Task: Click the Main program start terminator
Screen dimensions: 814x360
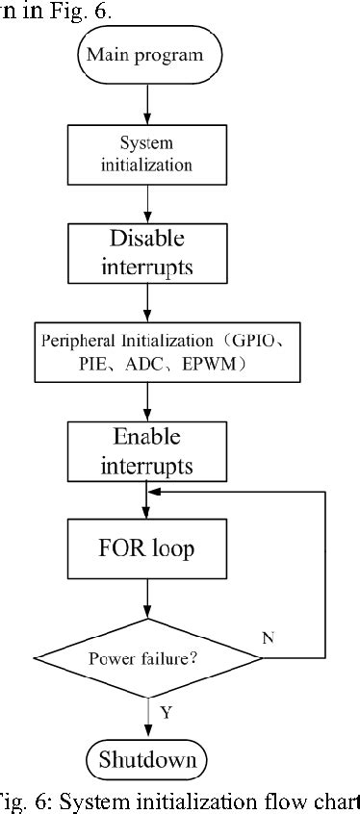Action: point(146,55)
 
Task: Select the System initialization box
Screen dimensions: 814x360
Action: point(146,153)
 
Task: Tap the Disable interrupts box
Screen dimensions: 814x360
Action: point(146,252)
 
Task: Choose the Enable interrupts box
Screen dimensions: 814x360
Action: point(146,451)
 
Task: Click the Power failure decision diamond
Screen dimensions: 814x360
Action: point(146,659)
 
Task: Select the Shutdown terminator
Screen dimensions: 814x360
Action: point(146,760)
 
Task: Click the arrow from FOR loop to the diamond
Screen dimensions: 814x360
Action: point(146,604)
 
